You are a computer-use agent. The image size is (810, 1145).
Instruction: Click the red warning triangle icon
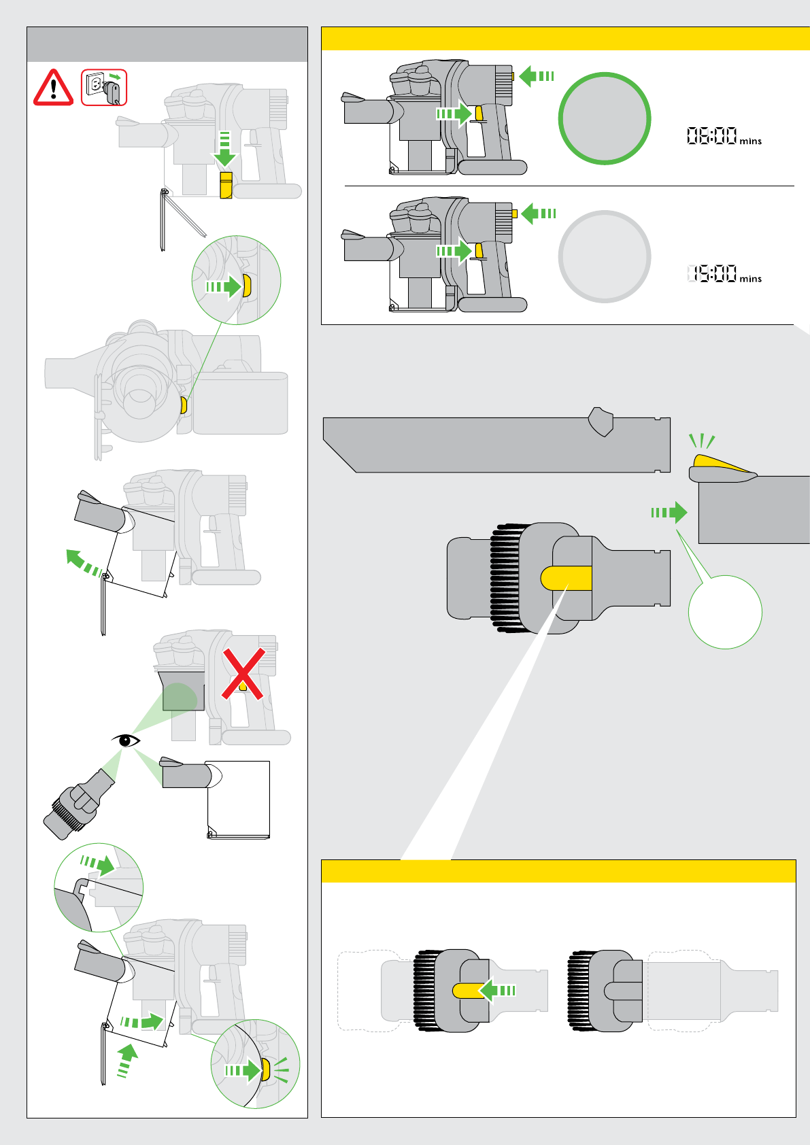(x=53, y=88)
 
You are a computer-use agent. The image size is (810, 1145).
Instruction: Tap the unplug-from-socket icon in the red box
(x=104, y=87)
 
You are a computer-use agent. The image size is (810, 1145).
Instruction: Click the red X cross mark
(x=243, y=674)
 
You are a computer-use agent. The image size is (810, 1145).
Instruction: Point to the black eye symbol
(x=126, y=740)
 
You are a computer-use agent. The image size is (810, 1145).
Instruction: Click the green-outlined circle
(x=604, y=118)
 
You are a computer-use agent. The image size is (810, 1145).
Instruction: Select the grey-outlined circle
(x=604, y=256)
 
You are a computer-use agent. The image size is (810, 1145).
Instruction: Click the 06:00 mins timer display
(x=723, y=137)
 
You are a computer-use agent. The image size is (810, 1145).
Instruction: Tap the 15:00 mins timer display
(x=723, y=274)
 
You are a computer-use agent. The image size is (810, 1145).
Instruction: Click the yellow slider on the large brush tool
(x=567, y=578)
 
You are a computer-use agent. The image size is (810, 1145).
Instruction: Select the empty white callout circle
(x=725, y=612)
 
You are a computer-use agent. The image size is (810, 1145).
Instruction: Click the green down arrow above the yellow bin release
(x=224, y=150)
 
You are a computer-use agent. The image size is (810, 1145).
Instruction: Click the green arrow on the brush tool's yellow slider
(x=499, y=990)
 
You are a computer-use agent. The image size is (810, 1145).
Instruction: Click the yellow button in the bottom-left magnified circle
(x=265, y=1070)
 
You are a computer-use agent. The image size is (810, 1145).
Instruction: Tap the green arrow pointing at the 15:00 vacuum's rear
(x=539, y=213)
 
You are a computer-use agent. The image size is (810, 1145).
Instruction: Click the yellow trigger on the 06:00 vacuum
(x=479, y=114)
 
